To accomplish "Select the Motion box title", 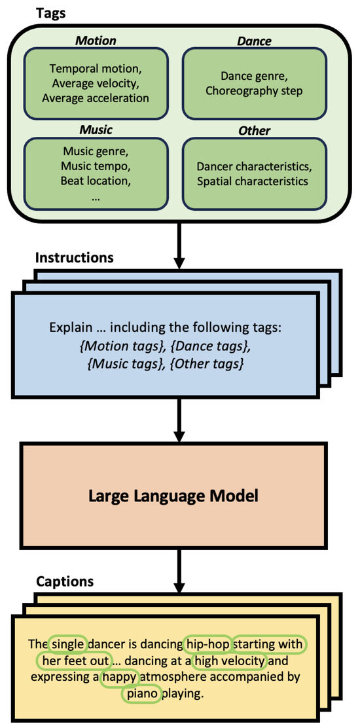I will pyautogui.click(x=95, y=41).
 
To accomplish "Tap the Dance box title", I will pyautogui.click(x=254, y=41).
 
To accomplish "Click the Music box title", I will pyautogui.click(x=96, y=130).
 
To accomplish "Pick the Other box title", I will pyautogui.click(x=254, y=130).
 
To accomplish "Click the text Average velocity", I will pyautogui.click(x=96, y=82).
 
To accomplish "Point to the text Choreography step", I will pyautogui.click(x=254, y=91).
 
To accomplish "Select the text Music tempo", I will pyautogui.click(x=96, y=166).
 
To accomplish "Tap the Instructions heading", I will pyautogui.click(x=74, y=257).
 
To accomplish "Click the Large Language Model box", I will pyautogui.click(x=173, y=496).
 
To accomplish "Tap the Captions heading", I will pyautogui.click(x=64, y=581).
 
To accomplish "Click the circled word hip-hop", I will pyautogui.click(x=208, y=644).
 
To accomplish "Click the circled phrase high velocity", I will pyautogui.click(x=229, y=661).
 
